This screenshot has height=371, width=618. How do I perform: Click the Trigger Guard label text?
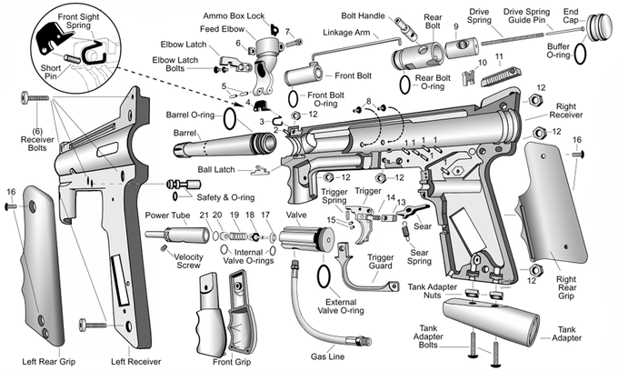pyautogui.click(x=381, y=263)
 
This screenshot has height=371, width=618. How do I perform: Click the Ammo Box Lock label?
pyautogui.click(x=235, y=16)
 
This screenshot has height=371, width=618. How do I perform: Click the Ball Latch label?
pyautogui.click(x=217, y=169)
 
